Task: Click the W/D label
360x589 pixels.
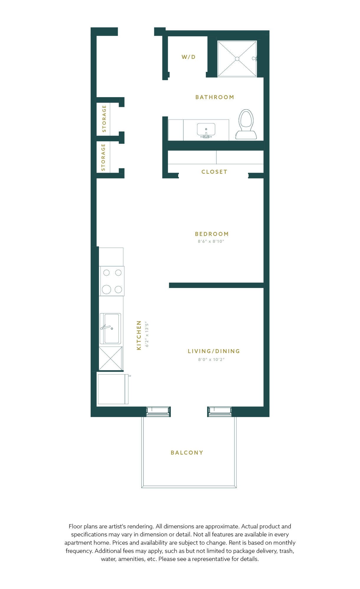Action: click(x=189, y=57)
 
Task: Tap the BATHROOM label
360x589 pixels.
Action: click(x=215, y=97)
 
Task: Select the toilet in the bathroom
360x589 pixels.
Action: click(x=246, y=124)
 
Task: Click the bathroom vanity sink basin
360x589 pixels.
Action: click(x=206, y=129)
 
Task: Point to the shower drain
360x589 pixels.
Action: click(x=237, y=59)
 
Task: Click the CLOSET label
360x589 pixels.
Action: click(x=214, y=172)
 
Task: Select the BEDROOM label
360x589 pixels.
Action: click(x=212, y=234)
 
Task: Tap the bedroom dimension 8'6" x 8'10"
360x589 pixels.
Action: click(x=211, y=241)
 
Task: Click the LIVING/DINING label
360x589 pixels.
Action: click(x=214, y=351)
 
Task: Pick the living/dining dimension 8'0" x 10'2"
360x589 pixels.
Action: click(x=211, y=359)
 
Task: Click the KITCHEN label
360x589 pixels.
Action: click(x=139, y=335)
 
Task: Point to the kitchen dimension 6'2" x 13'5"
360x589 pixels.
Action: click(x=147, y=334)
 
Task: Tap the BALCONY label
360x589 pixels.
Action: click(x=187, y=452)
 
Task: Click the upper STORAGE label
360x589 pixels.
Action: click(x=104, y=118)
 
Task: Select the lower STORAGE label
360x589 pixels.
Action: click(x=103, y=157)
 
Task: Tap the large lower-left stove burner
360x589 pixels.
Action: click(x=106, y=289)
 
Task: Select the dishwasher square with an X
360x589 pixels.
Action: click(x=110, y=358)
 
